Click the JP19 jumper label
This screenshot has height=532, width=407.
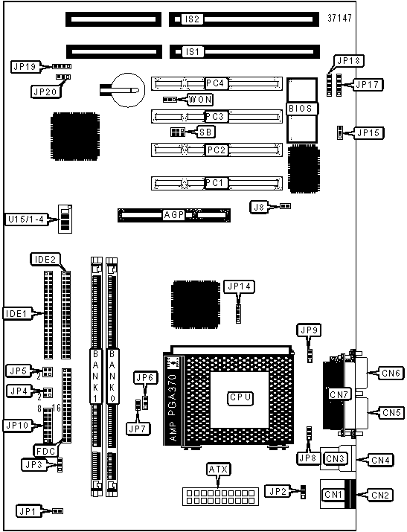pos(25,66)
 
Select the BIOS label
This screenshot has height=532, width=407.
pos(300,109)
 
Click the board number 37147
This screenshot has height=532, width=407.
pos(339,18)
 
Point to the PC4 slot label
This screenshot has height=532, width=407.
pos(215,83)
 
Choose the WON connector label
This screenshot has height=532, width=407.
pos(200,100)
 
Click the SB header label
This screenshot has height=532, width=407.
pos(205,132)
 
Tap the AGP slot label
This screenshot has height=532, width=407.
pos(174,215)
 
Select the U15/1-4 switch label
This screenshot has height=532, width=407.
pos(26,219)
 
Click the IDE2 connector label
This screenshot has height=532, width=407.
pos(45,260)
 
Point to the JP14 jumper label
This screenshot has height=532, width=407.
pos(240,286)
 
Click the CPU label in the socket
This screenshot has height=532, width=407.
pos(240,397)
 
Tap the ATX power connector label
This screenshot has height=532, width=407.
pos(219,469)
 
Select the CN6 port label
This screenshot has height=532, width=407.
pos(391,374)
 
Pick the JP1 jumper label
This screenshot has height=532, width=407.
pos(28,511)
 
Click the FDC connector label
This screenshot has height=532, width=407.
pos(45,451)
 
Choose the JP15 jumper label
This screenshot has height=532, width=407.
pos(368,132)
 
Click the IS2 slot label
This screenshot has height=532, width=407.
pos(192,19)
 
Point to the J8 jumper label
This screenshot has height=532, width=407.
pos(259,207)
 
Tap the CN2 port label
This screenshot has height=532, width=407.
pos(380,495)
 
